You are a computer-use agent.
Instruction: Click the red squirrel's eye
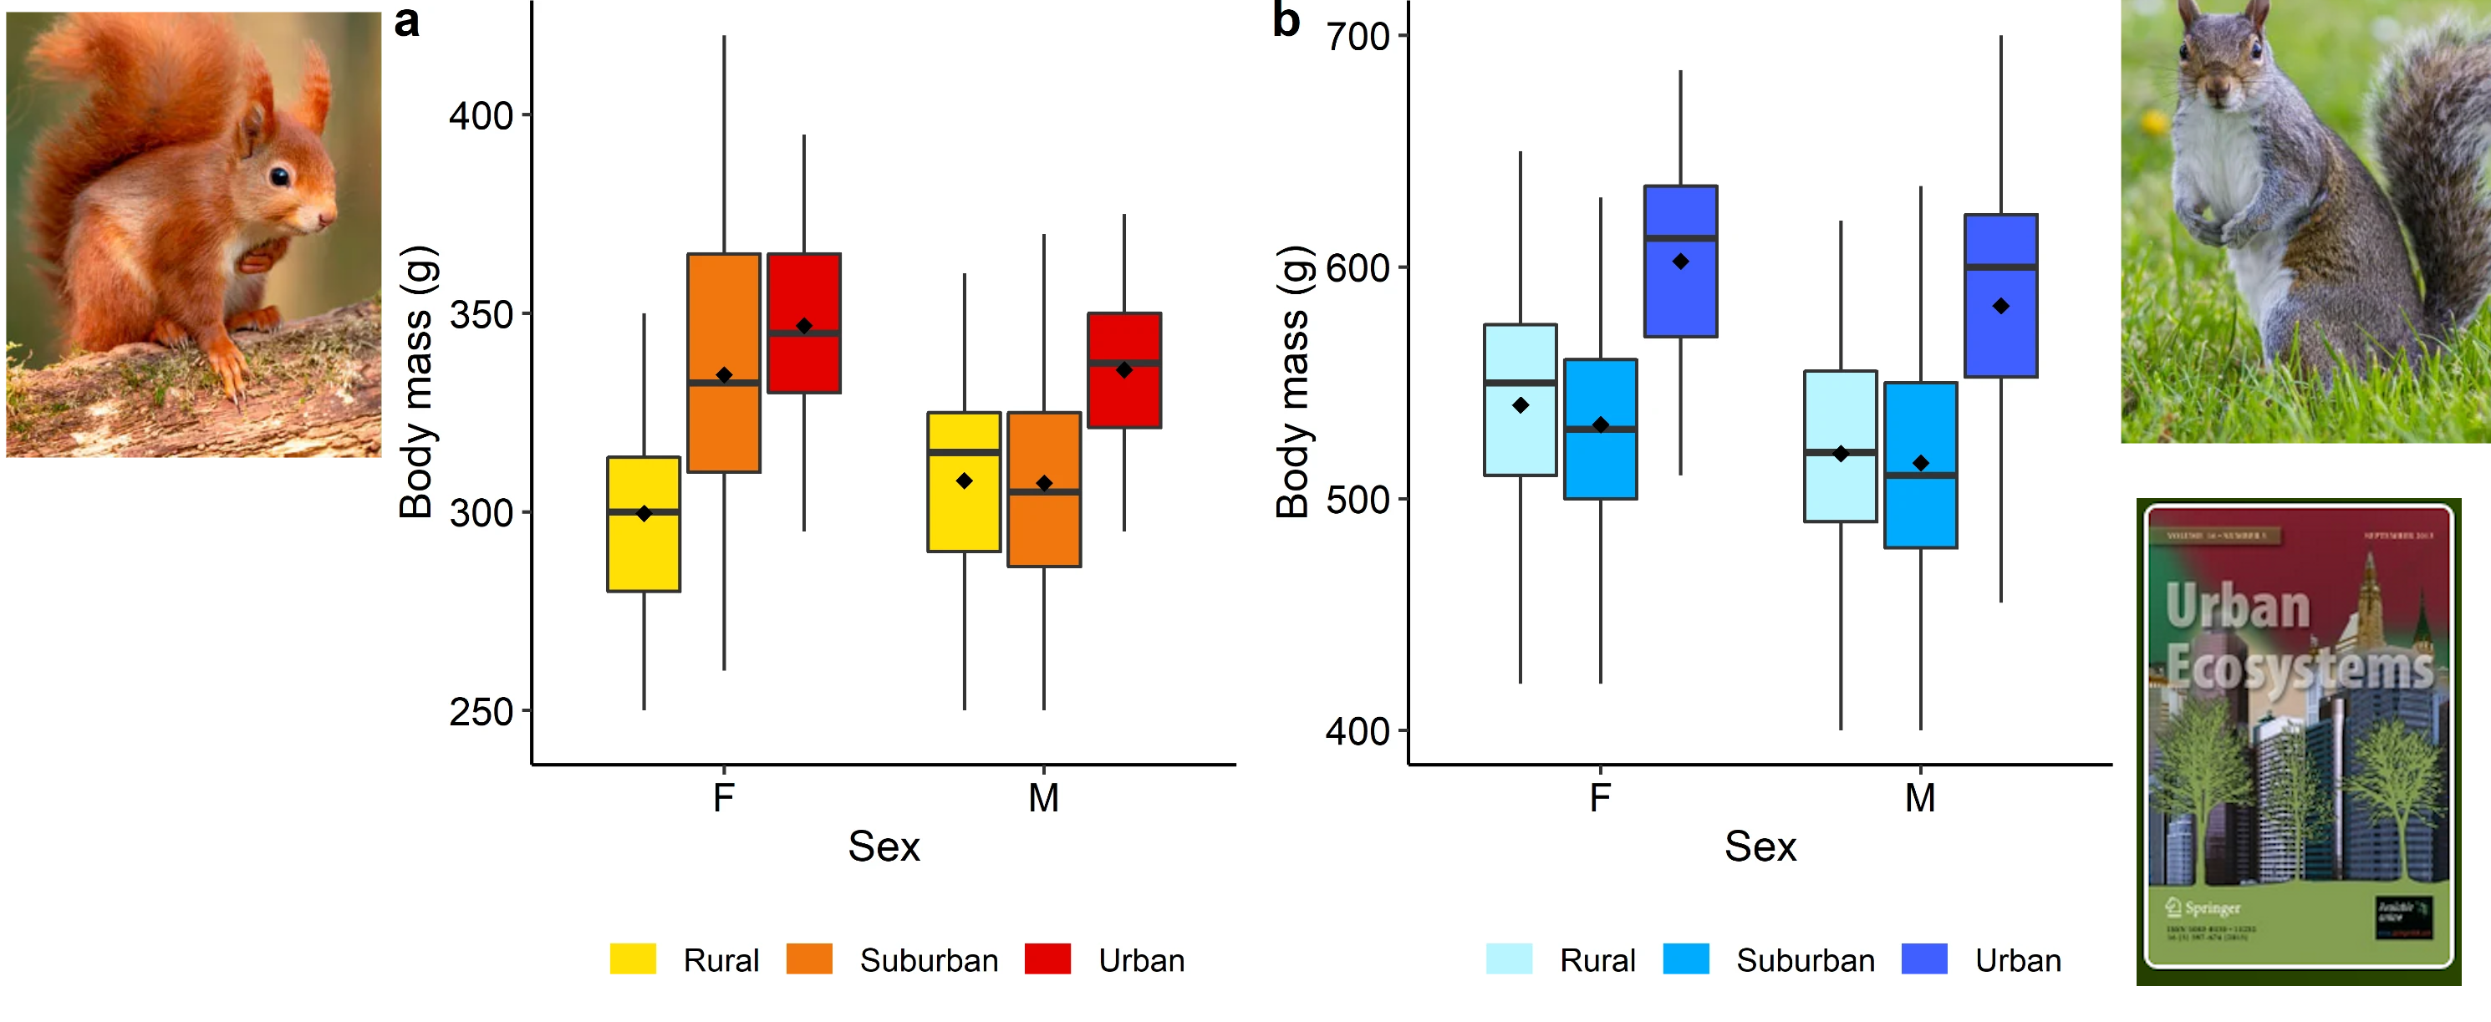click(x=279, y=177)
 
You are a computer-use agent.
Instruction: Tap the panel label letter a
click(x=407, y=21)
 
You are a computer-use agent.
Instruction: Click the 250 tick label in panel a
click(x=481, y=713)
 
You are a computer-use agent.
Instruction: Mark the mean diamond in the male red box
click(x=1123, y=369)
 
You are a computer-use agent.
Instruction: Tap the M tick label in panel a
click(x=1043, y=799)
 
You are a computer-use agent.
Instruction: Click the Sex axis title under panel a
click(x=884, y=847)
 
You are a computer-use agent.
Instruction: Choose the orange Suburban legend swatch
click(x=809, y=959)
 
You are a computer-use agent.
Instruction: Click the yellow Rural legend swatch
click(x=633, y=959)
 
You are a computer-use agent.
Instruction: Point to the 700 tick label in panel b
click(x=1358, y=38)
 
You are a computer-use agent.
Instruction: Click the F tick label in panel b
click(x=1601, y=799)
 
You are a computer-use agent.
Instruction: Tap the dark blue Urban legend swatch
click(x=1924, y=959)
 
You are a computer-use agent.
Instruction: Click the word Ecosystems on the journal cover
click(x=2299, y=667)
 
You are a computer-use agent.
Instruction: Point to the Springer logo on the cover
click(x=2203, y=908)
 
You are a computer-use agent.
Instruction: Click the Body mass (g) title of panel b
click(x=1293, y=382)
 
